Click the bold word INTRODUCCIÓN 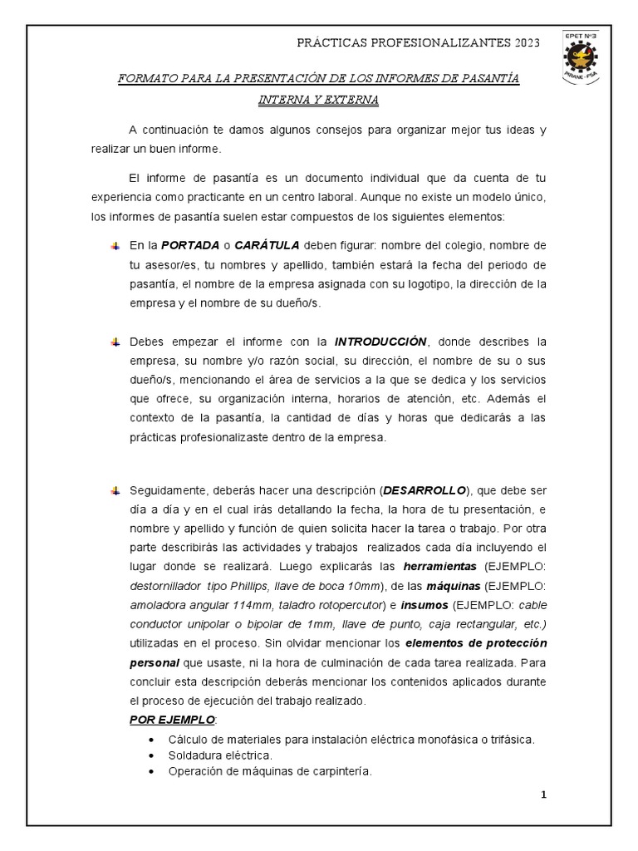click(380, 342)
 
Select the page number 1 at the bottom click(544, 794)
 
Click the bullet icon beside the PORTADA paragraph click(115, 246)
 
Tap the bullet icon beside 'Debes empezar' click(115, 342)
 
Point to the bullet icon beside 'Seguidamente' click(115, 489)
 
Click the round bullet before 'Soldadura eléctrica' click(150, 755)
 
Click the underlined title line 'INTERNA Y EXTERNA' click(318, 100)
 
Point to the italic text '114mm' click(241, 604)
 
